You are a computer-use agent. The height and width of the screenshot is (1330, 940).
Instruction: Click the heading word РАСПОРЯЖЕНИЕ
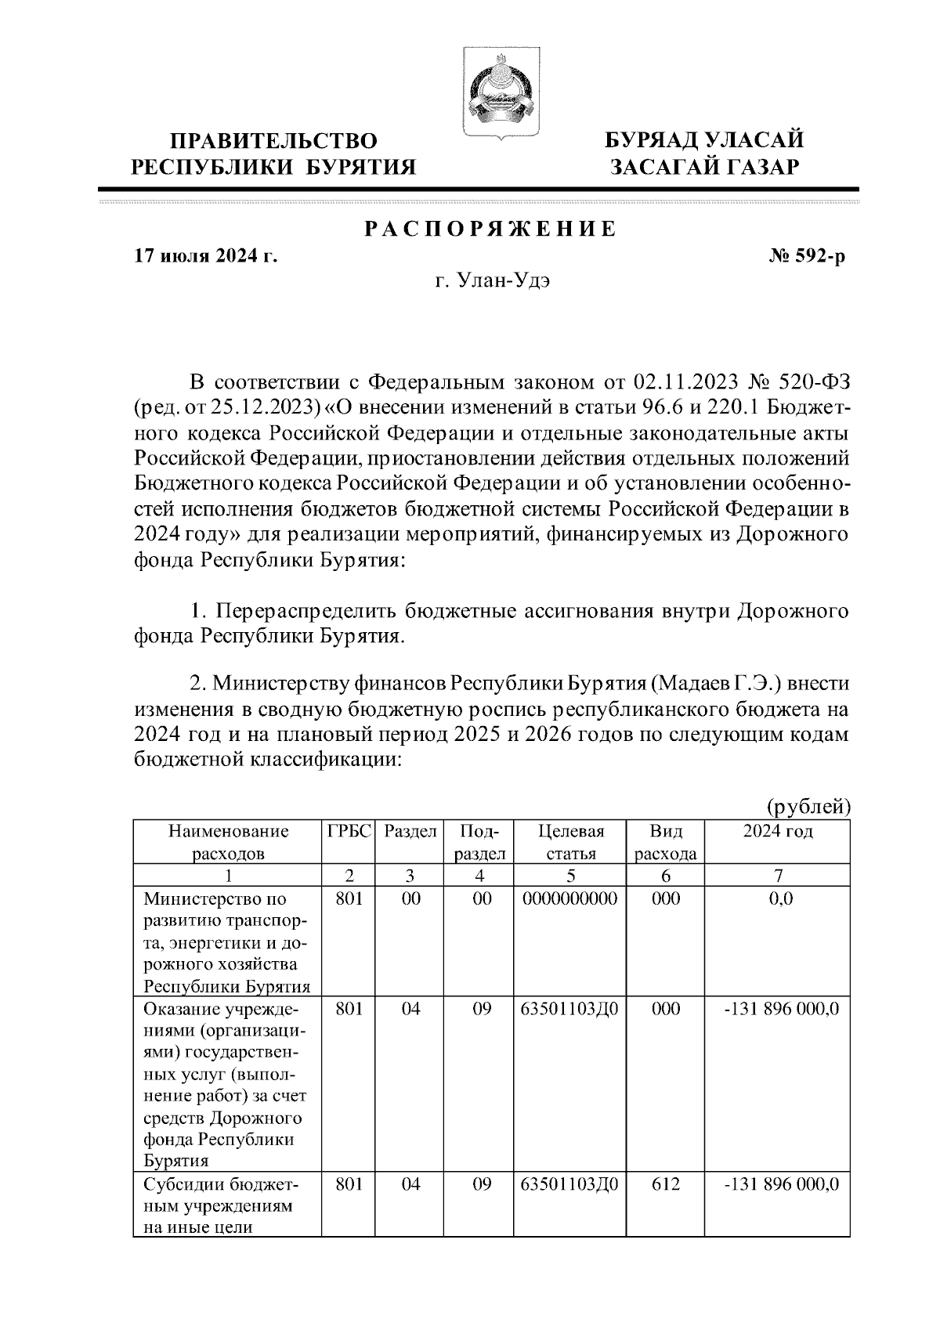pyautogui.click(x=490, y=229)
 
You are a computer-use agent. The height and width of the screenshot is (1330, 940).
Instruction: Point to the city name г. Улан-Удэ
pyautogui.click(x=493, y=281)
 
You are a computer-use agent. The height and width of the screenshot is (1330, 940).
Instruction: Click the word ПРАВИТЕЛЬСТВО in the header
pyautogui.click(x=274, y=141)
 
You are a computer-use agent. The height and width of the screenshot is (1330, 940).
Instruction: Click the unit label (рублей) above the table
pyautogui.click(x=808, y=806)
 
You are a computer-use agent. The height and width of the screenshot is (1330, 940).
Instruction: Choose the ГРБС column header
pyautogui.click(x=349, y=831)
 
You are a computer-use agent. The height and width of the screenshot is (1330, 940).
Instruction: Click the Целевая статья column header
pyautogui.click(x=571, y=842)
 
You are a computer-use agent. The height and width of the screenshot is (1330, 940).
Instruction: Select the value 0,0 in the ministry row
pyautogui.click(x=780, y=898)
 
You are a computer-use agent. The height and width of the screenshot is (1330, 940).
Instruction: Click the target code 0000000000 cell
pyautogui.click(x=570, y=898)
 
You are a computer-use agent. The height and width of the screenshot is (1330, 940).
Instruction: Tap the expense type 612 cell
pyautogui.click(x=666, y=1184)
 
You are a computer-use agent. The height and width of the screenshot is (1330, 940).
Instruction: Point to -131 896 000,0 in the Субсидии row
pyautogui.click(x=780, y=1184)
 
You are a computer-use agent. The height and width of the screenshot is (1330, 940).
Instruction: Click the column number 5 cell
pyautogui.click(x=570, y=875)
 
